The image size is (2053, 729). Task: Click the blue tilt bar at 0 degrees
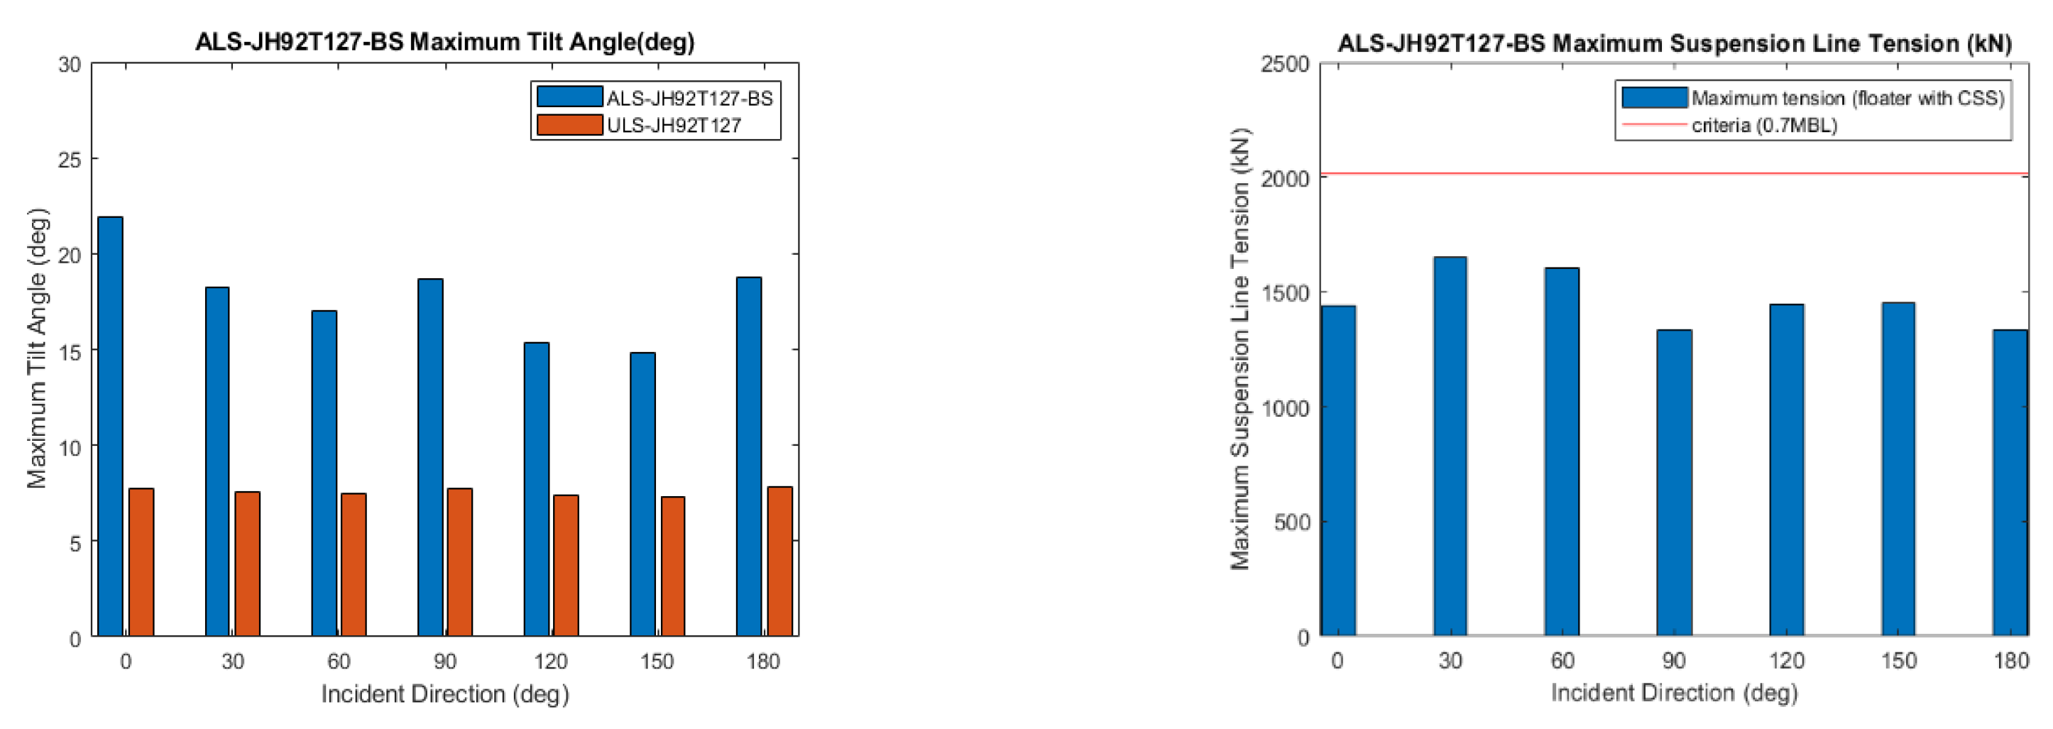[x=111, y=426]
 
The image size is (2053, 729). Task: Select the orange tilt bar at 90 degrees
[x=460, y=561]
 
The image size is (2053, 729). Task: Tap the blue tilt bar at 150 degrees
[x=642, y=494]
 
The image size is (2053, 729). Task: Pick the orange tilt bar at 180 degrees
[x=779, y=561]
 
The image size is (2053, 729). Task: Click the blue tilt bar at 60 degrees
[x=324, y=473]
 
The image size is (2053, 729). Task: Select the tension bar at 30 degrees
[x=1450, y=446]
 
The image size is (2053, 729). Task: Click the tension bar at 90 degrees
[x=1674, y=482]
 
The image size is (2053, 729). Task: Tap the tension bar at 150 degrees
[x=1898, y=468]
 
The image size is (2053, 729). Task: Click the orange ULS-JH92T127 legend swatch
[x=569, y=125]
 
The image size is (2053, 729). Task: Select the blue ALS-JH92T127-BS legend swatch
[x=569, y=97]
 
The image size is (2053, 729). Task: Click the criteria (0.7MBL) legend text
[x=1763, y=125]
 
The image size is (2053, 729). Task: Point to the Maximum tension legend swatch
[x=1654, y=97]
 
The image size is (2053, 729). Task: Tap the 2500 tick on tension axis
[x=1285, y=64]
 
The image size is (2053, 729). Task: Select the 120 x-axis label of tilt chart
[x=551, y=662]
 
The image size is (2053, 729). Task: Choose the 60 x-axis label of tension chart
[x=1562, y=660]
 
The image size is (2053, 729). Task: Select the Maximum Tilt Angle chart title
[x=444, y=41]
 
